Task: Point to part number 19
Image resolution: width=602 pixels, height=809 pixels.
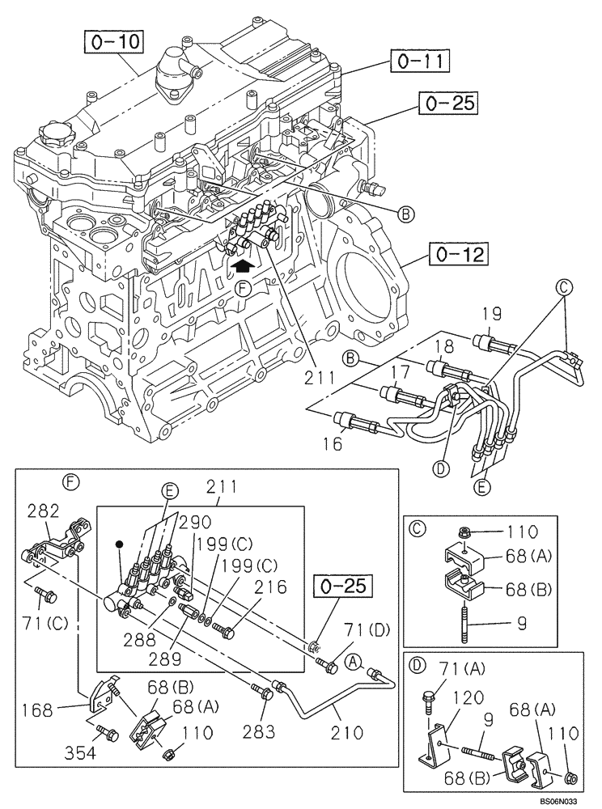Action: coord(492,315)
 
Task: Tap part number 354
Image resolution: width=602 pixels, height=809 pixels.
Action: coord(80,754)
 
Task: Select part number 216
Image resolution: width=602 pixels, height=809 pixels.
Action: coord(270,590)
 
